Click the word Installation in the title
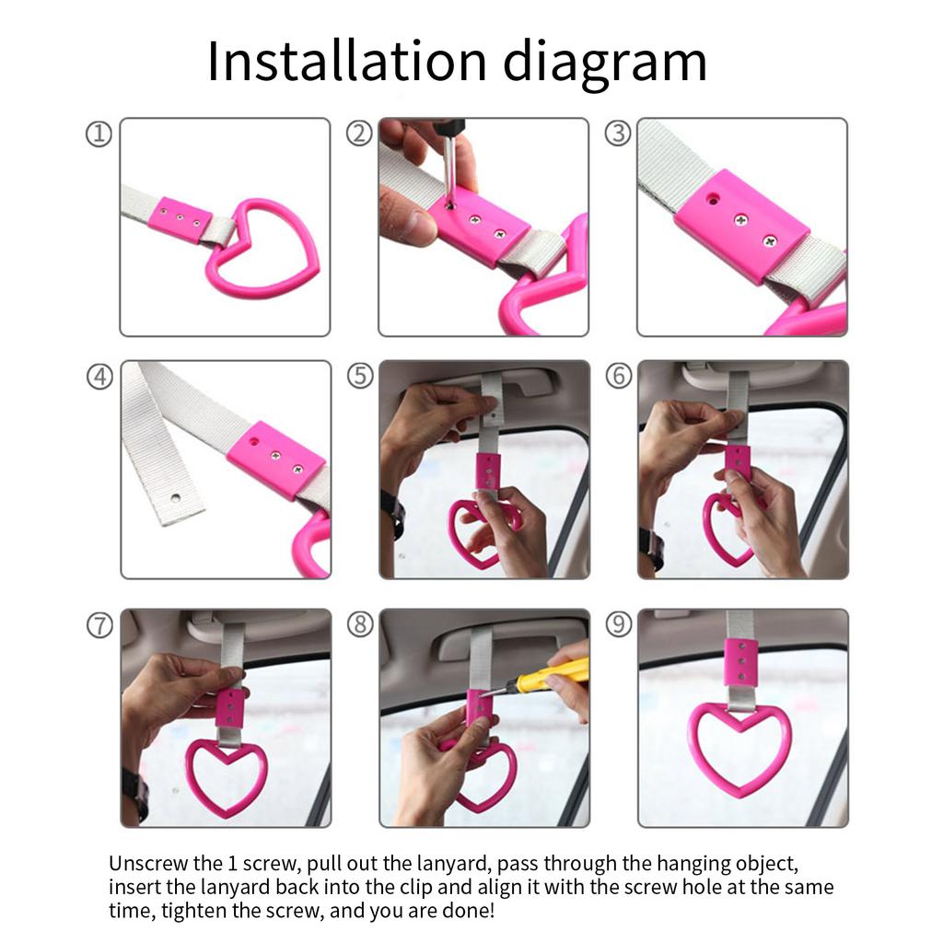click(x=346, y=61)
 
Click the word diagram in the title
click(x=604, y=64)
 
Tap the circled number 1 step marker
click(x=99, y=134)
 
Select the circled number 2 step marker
click(x=359, y=134)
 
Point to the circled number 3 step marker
click(x=618, y=134)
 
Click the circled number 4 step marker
click(x=99, y=377)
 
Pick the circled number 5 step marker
click(x=360, y=376)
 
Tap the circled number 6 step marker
click(x=619, y=376)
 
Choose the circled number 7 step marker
click(x=99, y=625)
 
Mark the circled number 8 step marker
click(x=360, y=624)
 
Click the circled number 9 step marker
click(x=619, y=624)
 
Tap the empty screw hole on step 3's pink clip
click(x=713, y=197)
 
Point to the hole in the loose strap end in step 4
click(x=175, y=497)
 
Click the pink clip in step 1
click(x=179, y=219)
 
